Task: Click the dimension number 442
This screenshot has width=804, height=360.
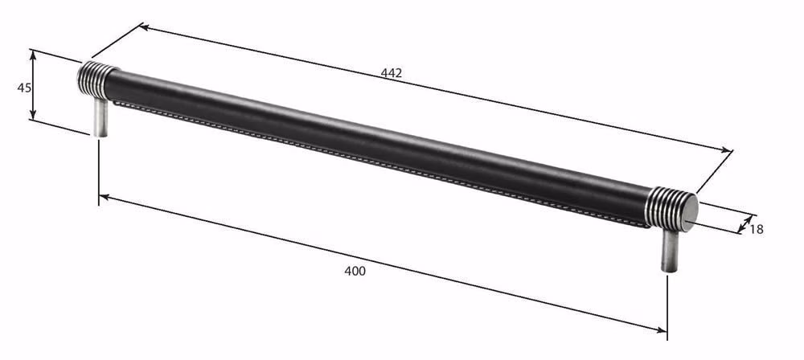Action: click(392, 73)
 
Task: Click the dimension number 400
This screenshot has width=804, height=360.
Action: click(355, 272)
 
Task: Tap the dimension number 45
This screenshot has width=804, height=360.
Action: click(24, 88)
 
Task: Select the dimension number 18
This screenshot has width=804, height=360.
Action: click(757, 229)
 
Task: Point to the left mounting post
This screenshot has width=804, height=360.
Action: click(100, 117)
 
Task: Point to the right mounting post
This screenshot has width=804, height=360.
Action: click(669, 250)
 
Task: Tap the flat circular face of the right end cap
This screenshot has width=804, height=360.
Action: click(690, 212)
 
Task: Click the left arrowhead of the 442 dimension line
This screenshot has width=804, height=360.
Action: click(145, 27)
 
